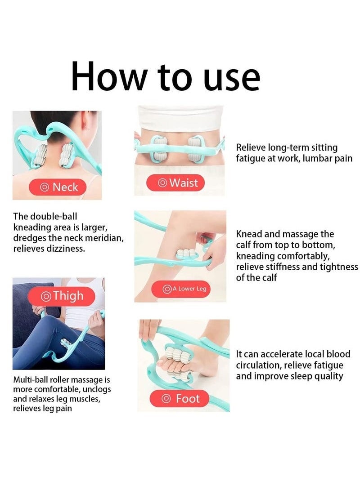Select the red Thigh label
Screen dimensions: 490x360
coord(62,296)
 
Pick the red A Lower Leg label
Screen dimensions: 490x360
coord(185,289)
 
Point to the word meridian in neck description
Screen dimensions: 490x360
coord(103,238)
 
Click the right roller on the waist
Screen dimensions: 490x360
coord(196,148)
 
